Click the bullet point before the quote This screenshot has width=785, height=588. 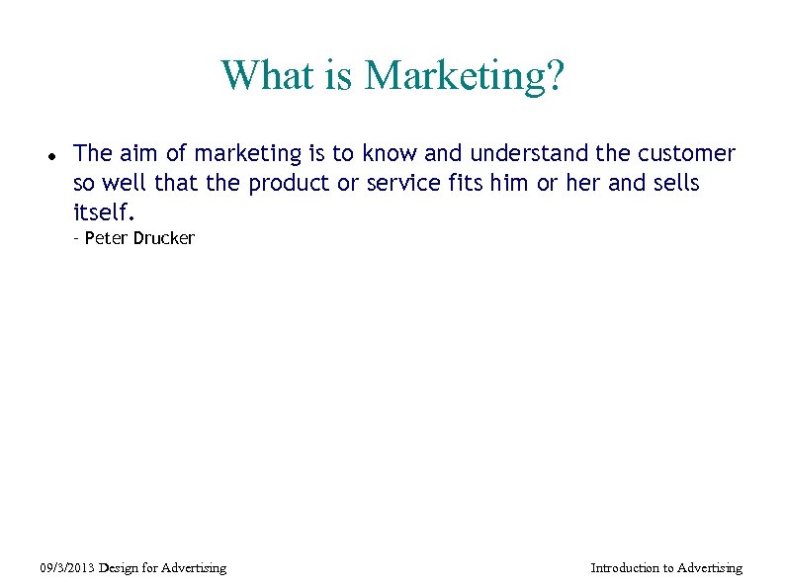(49, 156)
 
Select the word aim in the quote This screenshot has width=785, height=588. (136, 154)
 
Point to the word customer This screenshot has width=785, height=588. (687, 154)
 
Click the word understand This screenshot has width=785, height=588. (530, 154)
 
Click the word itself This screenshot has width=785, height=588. (103, 212)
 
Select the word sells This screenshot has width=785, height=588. (675, 184)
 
